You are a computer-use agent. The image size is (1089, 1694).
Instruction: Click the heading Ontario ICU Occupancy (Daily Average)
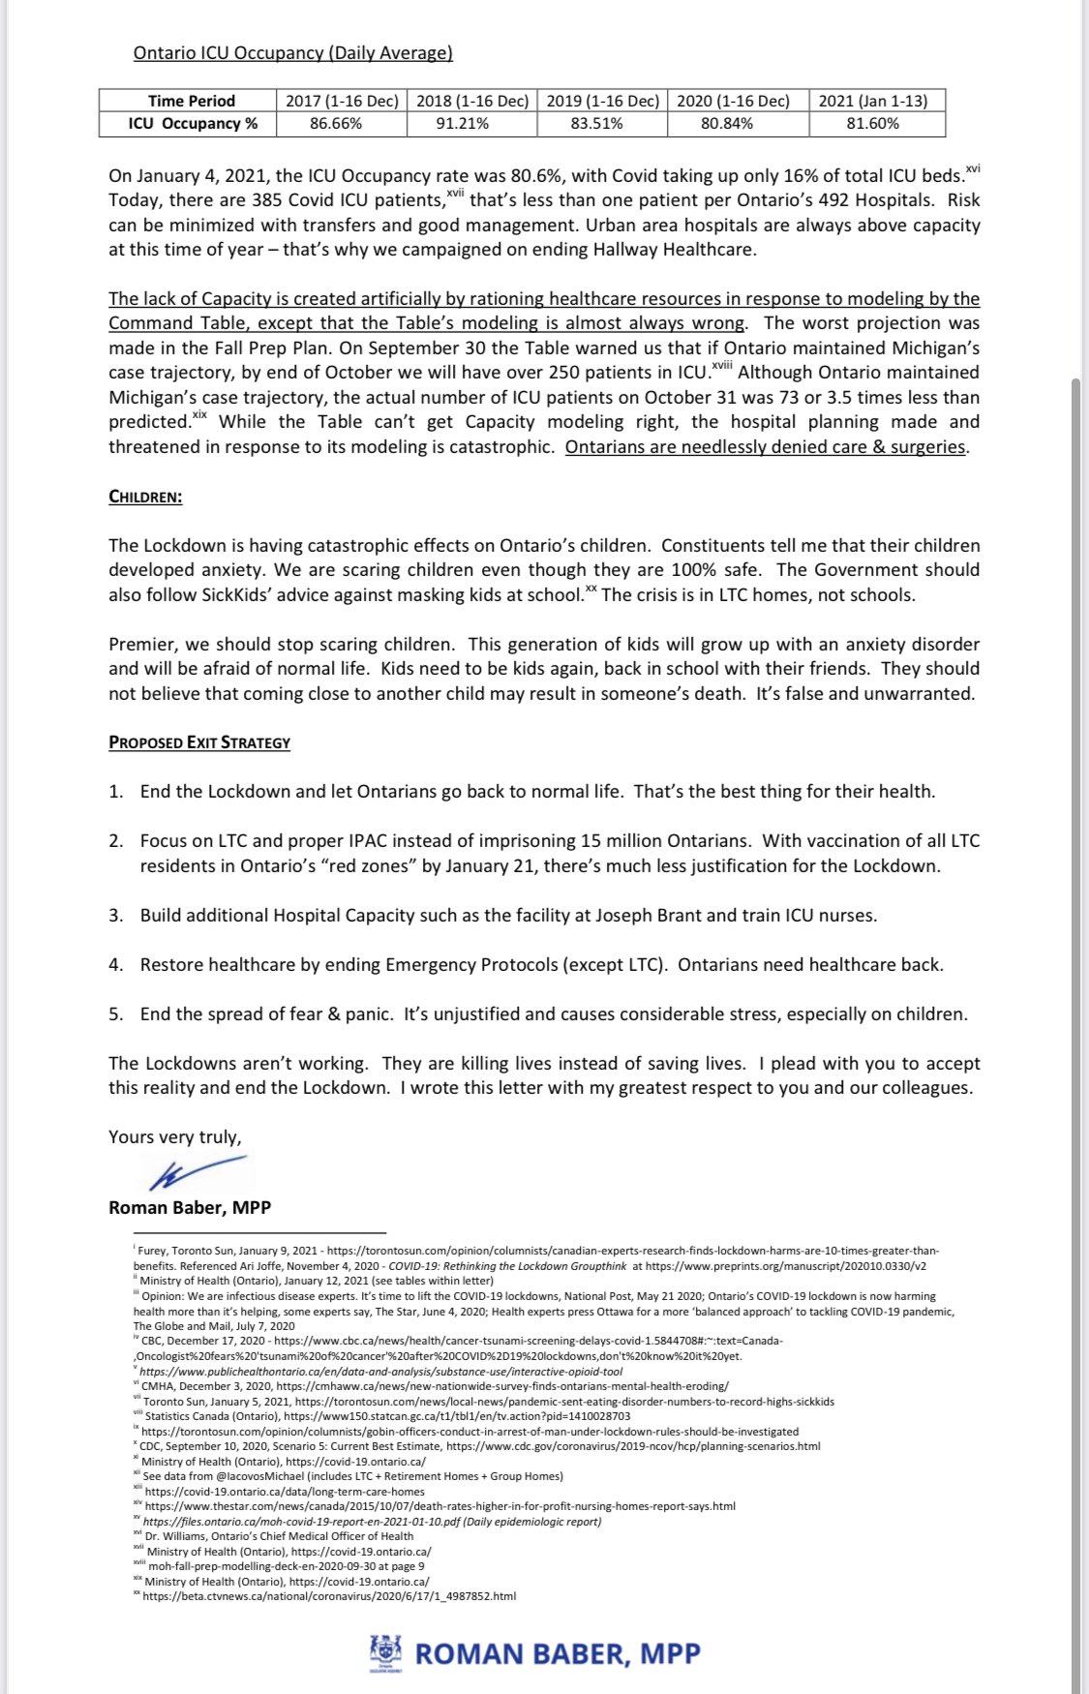(292, 53)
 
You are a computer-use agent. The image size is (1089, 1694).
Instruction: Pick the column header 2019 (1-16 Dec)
(602, 101)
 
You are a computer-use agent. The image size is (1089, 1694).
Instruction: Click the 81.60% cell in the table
(872, 124)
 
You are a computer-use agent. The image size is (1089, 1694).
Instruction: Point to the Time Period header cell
(192, 101)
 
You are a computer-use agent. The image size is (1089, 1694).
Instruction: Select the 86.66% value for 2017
(336, 124)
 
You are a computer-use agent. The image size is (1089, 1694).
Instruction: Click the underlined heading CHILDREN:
(145, 497)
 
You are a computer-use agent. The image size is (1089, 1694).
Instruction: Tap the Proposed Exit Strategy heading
(199, 742)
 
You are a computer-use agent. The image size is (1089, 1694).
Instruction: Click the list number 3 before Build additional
(115, 915)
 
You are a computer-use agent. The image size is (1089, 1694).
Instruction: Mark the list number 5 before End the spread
(115, 1013)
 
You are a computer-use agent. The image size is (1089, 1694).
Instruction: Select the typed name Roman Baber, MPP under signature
(190, 1207)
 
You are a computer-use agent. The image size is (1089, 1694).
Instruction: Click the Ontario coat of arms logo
(384, 1652)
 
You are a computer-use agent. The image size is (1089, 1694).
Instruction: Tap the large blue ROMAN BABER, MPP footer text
(558, 1653)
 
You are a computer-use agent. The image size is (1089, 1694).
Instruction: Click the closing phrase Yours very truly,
(175, 1136)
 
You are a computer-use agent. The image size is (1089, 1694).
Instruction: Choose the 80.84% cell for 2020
(727, 124)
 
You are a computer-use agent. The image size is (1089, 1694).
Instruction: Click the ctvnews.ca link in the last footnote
(329, 1596)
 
